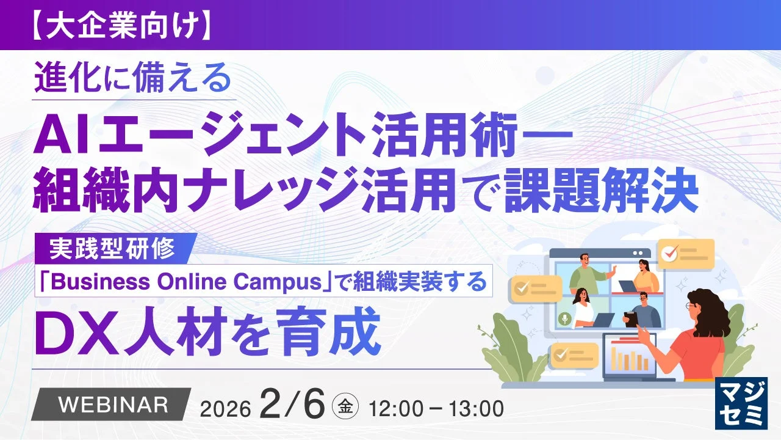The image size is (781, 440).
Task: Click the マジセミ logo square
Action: pyautogui.click(x=741, y=403)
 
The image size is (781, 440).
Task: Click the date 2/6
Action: pyautogui.click(x=292, y=404)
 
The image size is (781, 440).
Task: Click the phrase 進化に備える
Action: pyautogui.click(x=133, y=79)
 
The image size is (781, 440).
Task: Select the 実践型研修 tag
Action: pyautogui.click(x=115, y=248)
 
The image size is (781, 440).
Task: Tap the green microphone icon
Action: pyautogui.click(x=566, y=318)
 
